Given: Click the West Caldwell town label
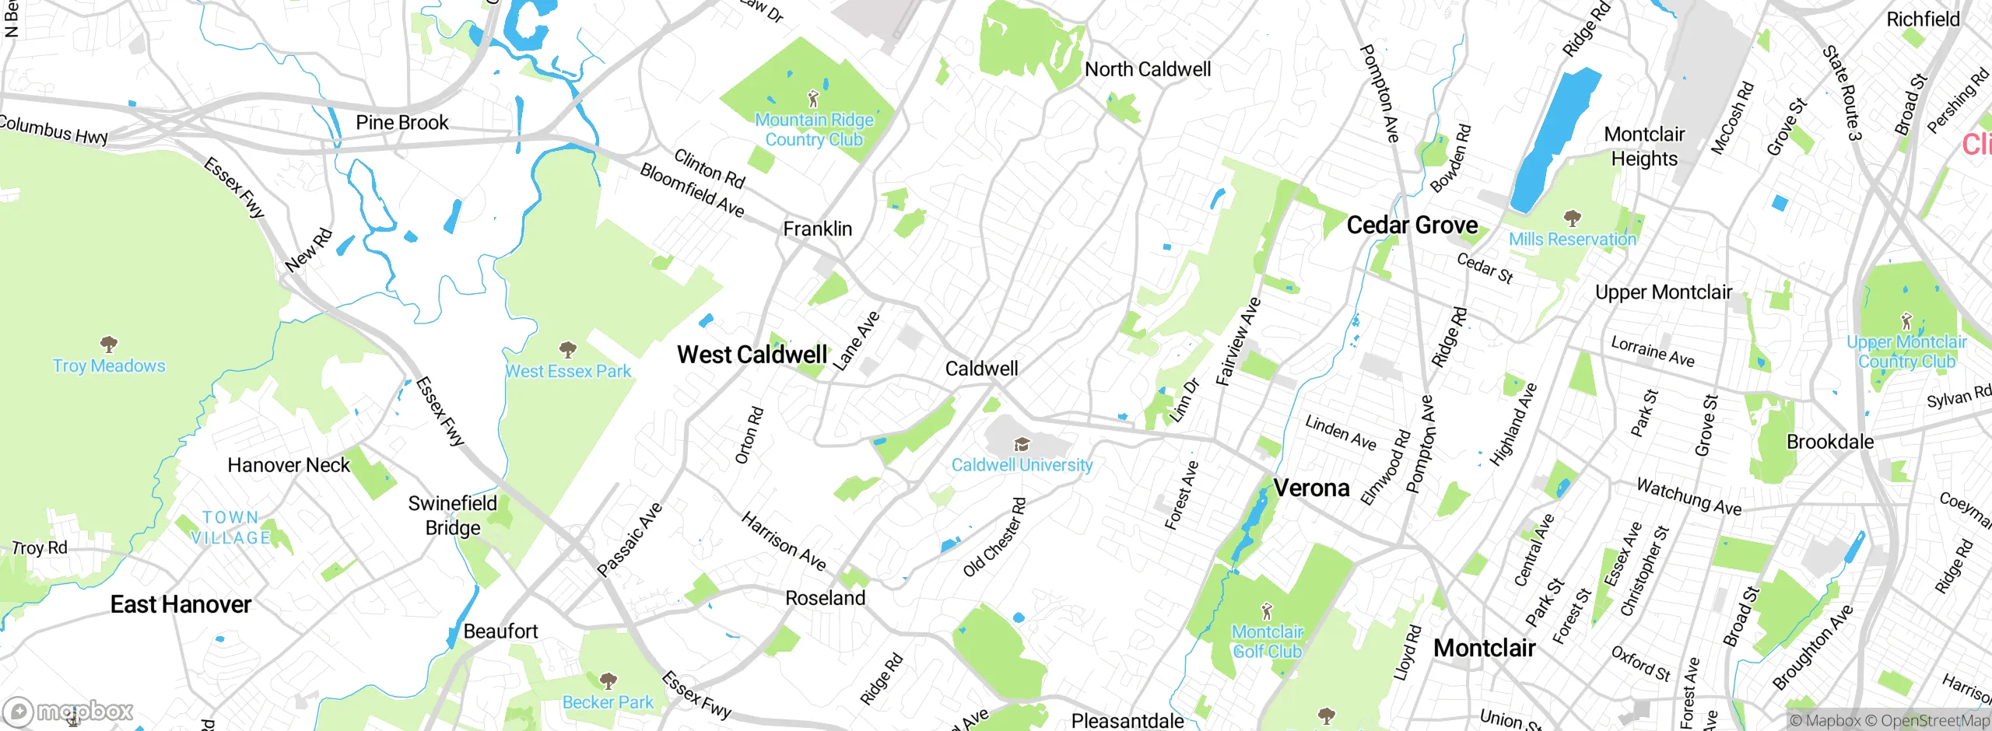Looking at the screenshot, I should (x=752, y=355).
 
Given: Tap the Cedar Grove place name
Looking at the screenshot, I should (x=1412, y=226).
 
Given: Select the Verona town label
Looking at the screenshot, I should (x=1311, y=488).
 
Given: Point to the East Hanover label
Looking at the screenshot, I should (x=181, y=604).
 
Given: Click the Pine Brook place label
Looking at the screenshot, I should (x=402, y=123).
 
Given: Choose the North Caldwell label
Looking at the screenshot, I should (x=1148, y=69).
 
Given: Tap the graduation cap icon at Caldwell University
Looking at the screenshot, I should (x=1022, y=444).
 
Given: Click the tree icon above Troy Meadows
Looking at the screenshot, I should (x=109, y=344).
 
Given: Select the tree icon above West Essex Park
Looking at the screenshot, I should (x=568, y=348).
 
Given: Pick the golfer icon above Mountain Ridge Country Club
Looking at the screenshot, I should (x=813, y=99).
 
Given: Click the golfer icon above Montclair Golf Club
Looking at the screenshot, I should (x=1267, y=610).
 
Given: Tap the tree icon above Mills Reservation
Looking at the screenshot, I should (x=1573, y=217).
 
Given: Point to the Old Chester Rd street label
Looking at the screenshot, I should (x=994, y=537).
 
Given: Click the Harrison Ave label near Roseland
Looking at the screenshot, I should (x=783, y=540).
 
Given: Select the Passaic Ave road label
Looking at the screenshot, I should (x=630, y=540).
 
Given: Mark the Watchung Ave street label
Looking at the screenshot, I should (x=1689, y=497).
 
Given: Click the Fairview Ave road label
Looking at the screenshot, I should (x=1238, y=341).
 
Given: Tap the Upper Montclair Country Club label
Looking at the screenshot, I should (x=1906, y=352).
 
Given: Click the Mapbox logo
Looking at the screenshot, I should (x=68, y=711).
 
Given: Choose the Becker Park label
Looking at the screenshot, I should (x=608, y=702).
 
